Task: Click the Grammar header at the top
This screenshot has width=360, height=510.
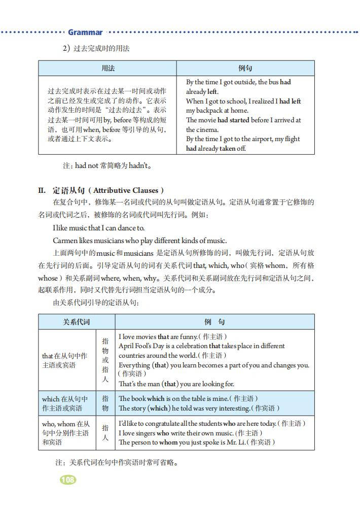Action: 85,32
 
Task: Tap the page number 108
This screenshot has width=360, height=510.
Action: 67,479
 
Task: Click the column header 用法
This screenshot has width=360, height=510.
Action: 107,69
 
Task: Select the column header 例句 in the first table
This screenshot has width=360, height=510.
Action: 245,69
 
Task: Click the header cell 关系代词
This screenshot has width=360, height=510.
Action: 76,322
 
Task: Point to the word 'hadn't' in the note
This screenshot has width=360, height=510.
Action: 138,165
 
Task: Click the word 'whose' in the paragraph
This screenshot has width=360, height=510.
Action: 48,278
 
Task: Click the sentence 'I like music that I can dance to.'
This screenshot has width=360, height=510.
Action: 98,228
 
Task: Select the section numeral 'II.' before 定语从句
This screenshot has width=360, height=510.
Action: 43,191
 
